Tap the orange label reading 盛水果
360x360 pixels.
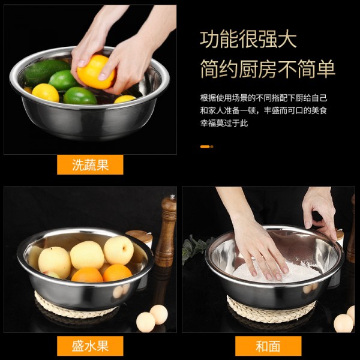pyautogui.click(x=90, y=346)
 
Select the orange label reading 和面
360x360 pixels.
pyautogui.click(x=268, y=346)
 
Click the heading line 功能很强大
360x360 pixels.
pyautogui.click(x=248, y=40)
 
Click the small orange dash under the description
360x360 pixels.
pyautogui.click(x=206, y=146)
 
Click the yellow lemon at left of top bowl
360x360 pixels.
pyautogui.click(x=46, y=92)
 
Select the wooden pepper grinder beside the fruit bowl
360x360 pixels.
pyautogui.click(x=166, y=231)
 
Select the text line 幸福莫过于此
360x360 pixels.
pyautogui.click(x=224, y=123)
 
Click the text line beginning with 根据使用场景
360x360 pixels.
pyautogui.click(x=263, y=97)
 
